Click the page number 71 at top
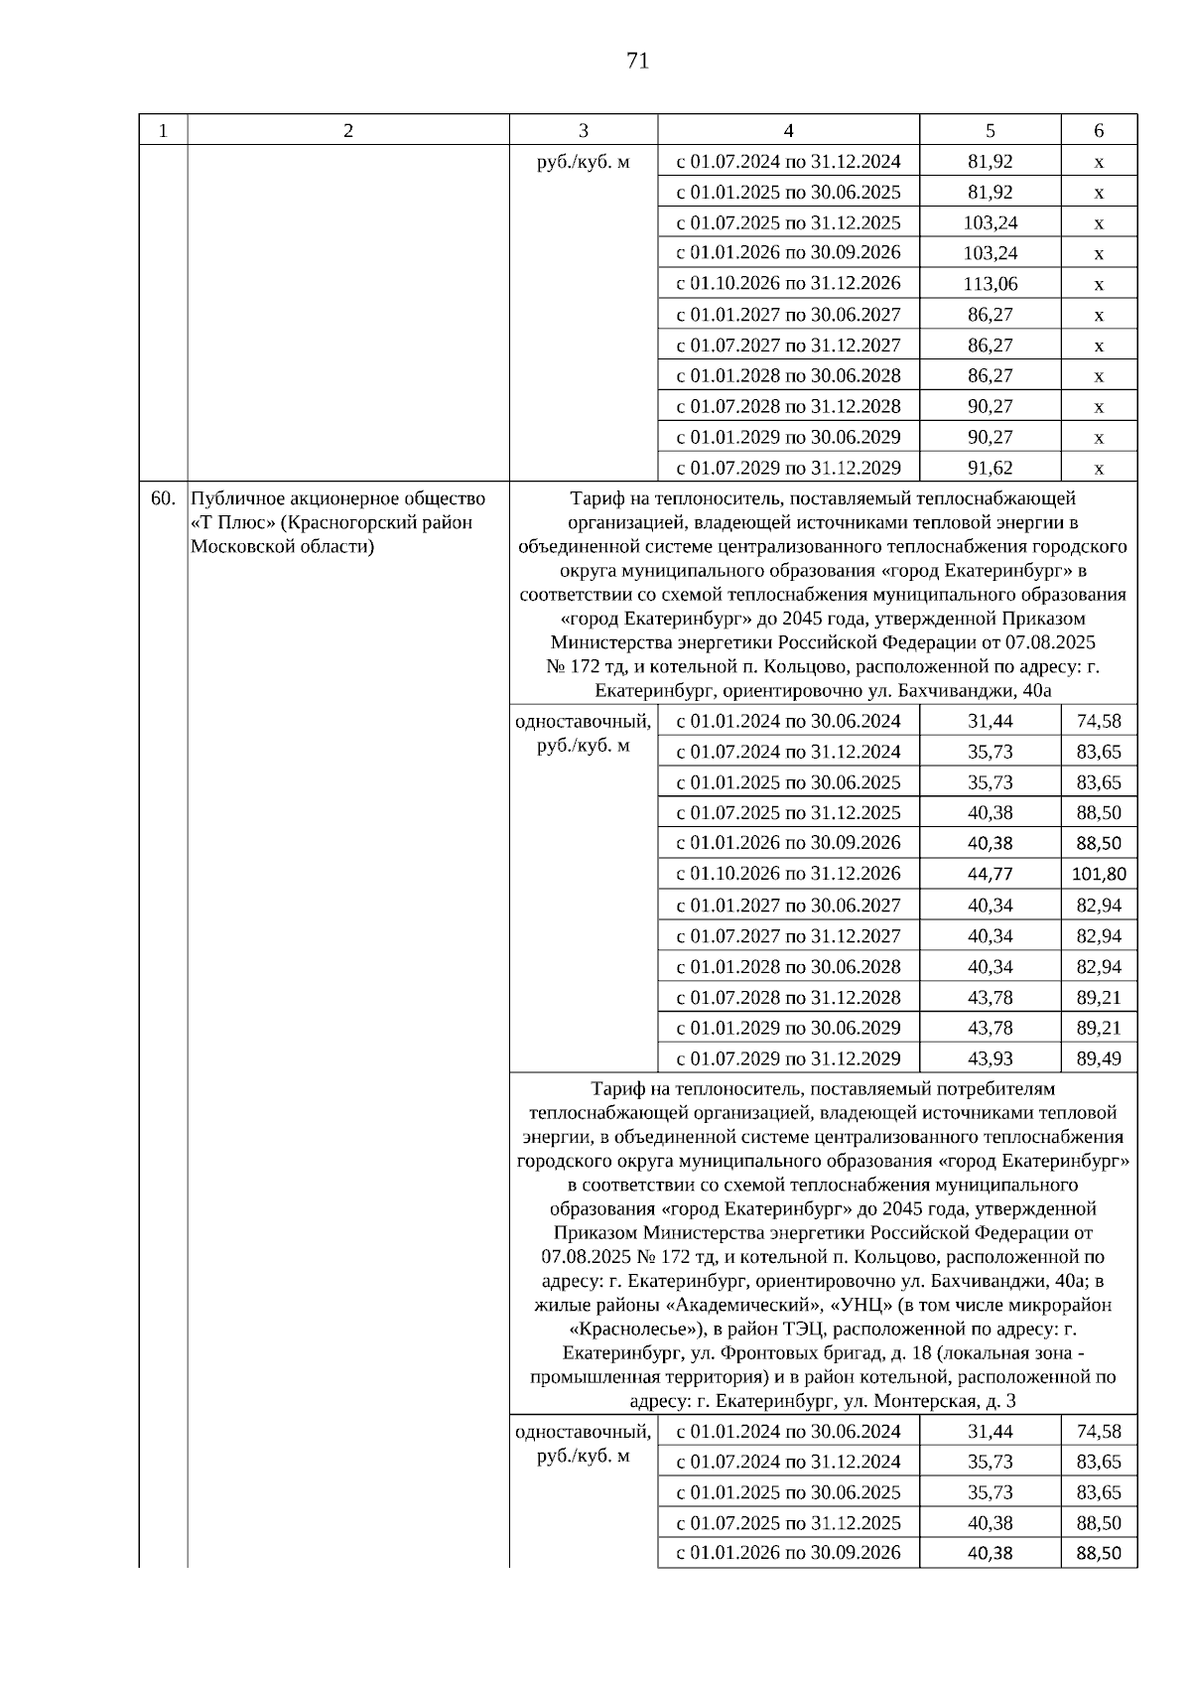pyautogui.click(x=638, y=62)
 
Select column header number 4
pyautogui.click(x=788, y=131)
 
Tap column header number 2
pyautogui.click(x=347, y=131)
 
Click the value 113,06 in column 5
pyautogui.click(x=990, y=284)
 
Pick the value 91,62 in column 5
pyautogui.click(x=990, y=468)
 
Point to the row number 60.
pyautogui.click(x=163, y=498)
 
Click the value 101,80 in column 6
pyautogui.click(x=1099, y=874)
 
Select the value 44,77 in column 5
pyautogui.click(x=990, y=874)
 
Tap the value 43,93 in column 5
pyautogui.click(x=990, y=1058)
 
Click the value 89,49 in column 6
pyautogui.click(x=1099, y=1058)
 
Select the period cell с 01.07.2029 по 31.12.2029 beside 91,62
pyautogui.click(x=788, y=468)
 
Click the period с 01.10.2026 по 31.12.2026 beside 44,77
pyautogui.click(x=788, y=874)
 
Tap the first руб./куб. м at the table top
pyautogui.click(x=583, y=161)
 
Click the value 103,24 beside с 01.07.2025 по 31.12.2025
pyautogui.click(x=990, y=222)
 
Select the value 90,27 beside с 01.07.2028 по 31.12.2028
pyautogui.click(x=990, y=406)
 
